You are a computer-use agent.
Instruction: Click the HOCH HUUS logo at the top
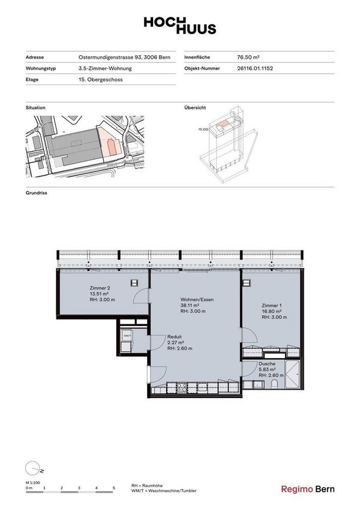tap(179, 25)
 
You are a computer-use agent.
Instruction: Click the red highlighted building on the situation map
tap(110, 144)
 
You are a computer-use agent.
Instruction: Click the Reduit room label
tap(174, 337)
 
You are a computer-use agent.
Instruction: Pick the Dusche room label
tap(267, 364)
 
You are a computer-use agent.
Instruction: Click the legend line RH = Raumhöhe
tap(147, 485)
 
